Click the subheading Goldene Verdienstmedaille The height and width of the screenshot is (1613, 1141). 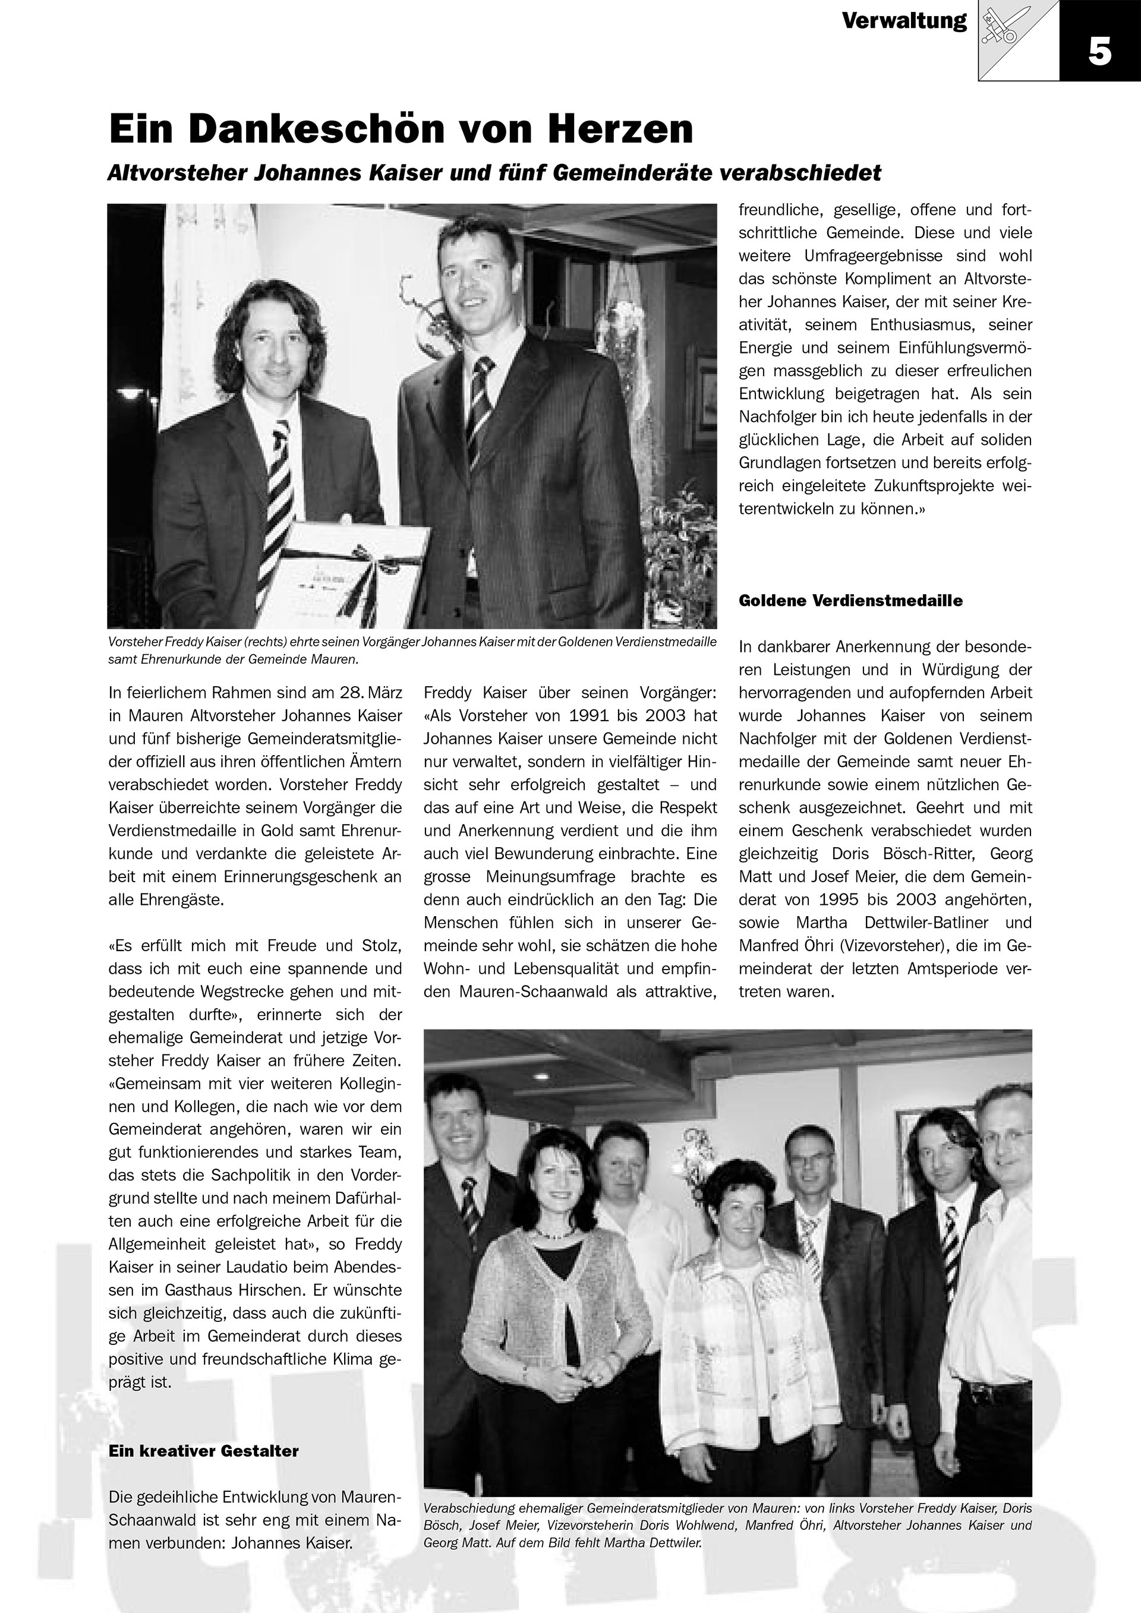point(850,601)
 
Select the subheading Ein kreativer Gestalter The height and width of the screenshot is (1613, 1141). point(203,1451)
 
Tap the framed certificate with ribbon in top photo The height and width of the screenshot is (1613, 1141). point(351,566)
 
